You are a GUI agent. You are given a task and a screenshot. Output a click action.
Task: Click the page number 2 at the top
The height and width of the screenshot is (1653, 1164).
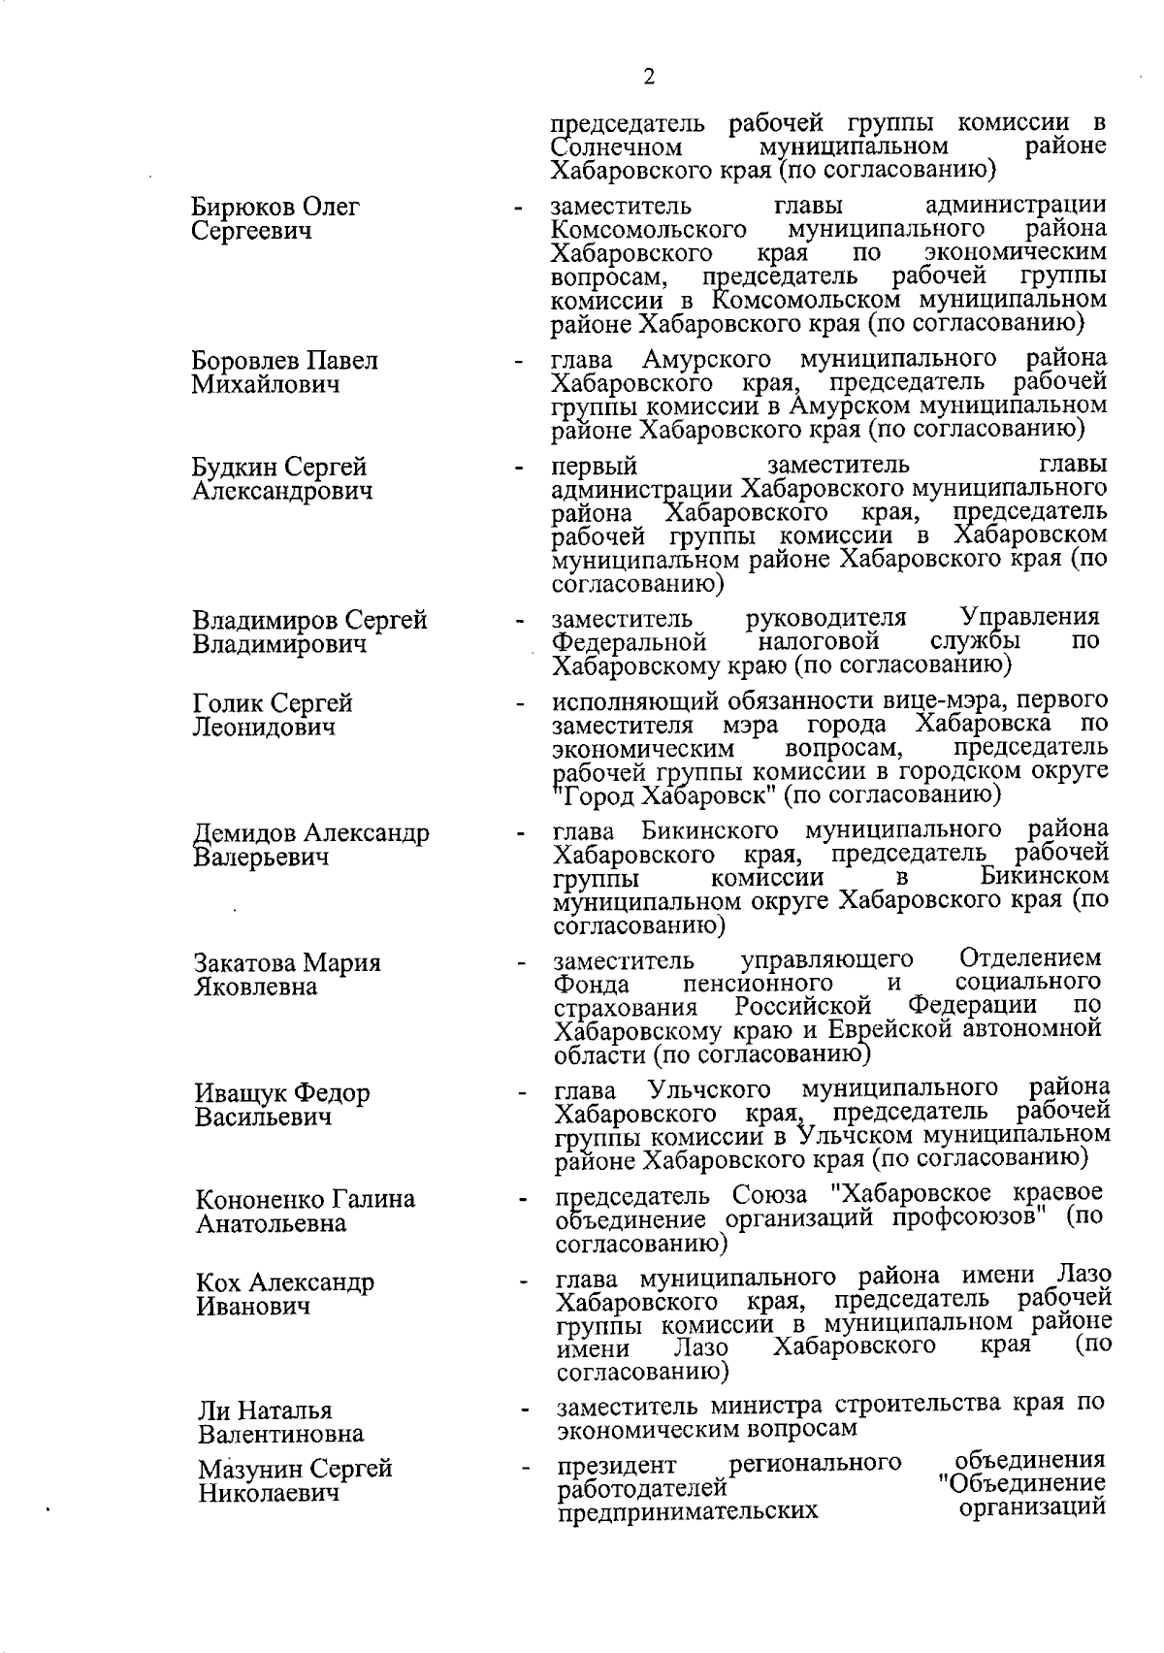point(649,78)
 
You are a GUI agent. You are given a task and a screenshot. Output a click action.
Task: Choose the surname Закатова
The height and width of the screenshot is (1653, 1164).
point(245,963)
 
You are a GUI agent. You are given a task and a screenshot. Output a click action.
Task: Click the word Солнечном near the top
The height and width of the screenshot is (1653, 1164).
point(616,148)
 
